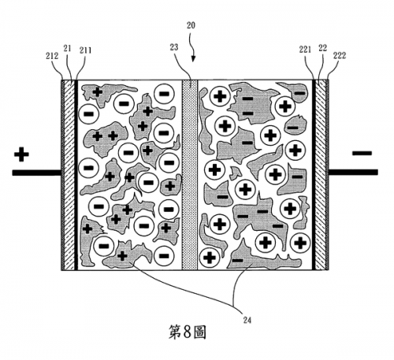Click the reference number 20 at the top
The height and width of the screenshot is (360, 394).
(191, 25)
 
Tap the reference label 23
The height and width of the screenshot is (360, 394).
(174, 47)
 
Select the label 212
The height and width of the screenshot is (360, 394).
(52, 56)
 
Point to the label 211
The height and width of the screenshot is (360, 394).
(85, 50)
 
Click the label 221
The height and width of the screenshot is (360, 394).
(305, 50)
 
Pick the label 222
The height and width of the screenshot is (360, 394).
(340, 55)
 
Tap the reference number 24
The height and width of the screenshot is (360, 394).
(247, 320)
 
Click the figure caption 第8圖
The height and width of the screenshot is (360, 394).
(187, 332)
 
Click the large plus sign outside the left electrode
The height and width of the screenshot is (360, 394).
(21, 154)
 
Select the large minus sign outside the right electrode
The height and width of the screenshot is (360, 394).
(362, 153)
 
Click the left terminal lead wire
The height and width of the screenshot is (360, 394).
(36, 173)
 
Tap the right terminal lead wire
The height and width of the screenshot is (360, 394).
(353, 173)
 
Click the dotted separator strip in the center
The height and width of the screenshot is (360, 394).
(190, 175)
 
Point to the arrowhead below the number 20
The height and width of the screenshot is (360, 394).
(193, 59)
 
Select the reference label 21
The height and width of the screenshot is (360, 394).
(68, 48)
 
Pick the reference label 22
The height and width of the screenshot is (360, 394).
(322, 48)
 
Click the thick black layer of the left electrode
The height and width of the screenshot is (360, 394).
(76, 175)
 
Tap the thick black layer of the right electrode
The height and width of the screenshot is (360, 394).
(314, 175)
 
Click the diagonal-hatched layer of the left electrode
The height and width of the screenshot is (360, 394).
(69, 175)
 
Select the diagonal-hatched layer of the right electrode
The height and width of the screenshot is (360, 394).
(321, 175)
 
